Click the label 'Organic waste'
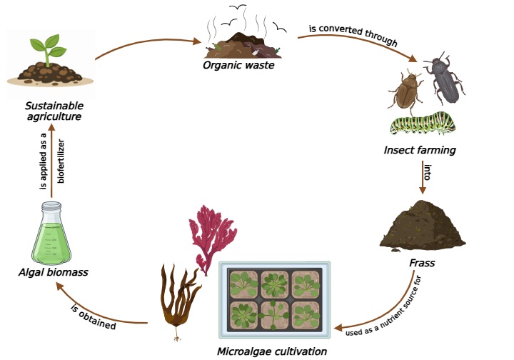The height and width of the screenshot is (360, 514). pos(238,65)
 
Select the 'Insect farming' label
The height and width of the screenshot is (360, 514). pos(419,150)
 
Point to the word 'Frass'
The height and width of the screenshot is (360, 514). pos(422,263)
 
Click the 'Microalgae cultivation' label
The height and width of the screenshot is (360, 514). pos(272,351)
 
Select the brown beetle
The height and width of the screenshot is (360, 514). pos(405,91)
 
